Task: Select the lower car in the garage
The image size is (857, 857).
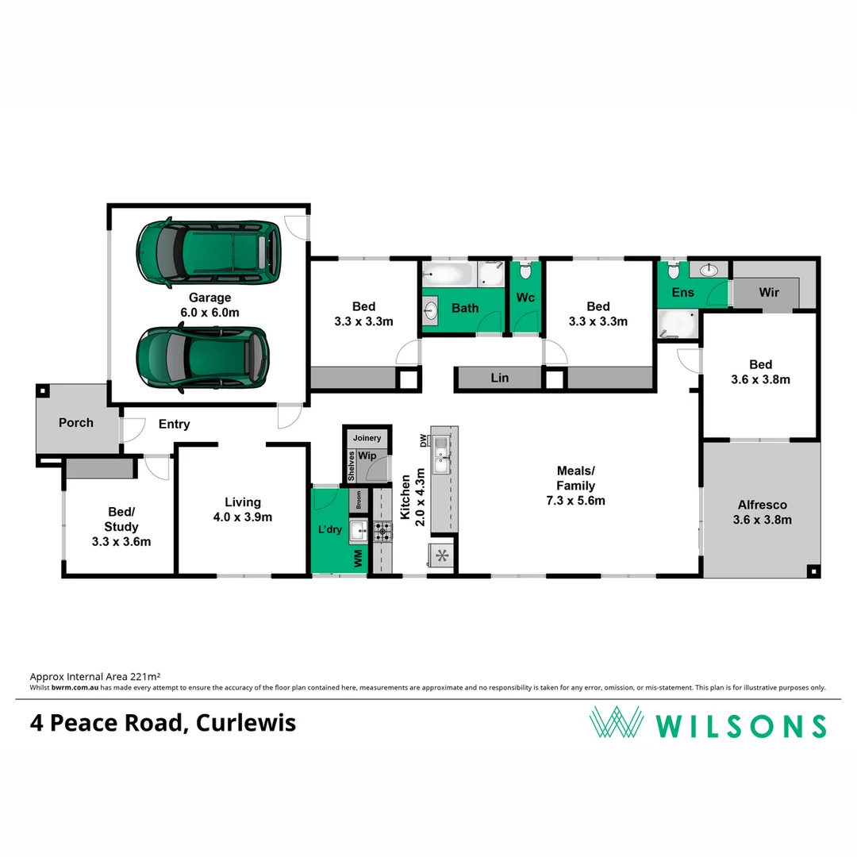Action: tap(203, 359)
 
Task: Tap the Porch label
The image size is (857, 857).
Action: tap(76, 422)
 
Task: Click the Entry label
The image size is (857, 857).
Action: tap(174, 425)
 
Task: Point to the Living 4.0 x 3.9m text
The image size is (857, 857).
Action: tap(242, 509)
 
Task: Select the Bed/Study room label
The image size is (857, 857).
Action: tap(121, 527)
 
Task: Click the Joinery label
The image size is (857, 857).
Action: tap(367, 438)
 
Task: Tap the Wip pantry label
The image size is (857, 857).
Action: tap(367, 456)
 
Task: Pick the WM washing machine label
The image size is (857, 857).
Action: tap(358, 559)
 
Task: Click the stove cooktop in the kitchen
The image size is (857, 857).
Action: tap(382, 532)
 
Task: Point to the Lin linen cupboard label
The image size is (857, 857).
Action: tap(499, 379)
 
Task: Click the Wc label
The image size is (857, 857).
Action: tap(525, 298)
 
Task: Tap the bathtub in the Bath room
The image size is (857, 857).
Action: tap(448, 275)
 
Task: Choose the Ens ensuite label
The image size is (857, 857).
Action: tap(682, 292)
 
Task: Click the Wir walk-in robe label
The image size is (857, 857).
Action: tap(769, 292)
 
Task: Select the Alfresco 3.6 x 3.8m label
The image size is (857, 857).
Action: tap(762, 513)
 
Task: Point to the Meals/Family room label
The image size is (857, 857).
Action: tap(575, 486)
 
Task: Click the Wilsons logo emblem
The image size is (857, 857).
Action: tap(616, 723)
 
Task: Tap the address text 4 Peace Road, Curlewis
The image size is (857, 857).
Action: tap(163, 723)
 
